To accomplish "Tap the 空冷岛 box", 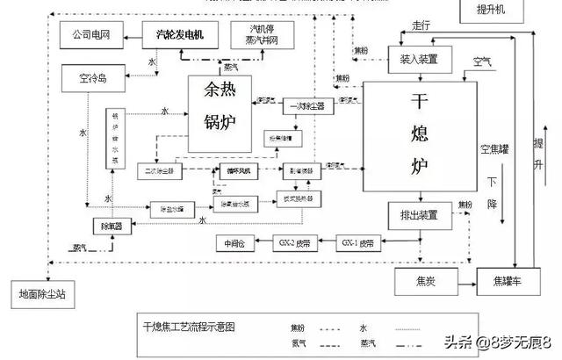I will click(x=90, y=79).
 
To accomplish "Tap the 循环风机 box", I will click(x=236, y=169).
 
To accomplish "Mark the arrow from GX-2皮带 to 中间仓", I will click(x=260, y=241).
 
